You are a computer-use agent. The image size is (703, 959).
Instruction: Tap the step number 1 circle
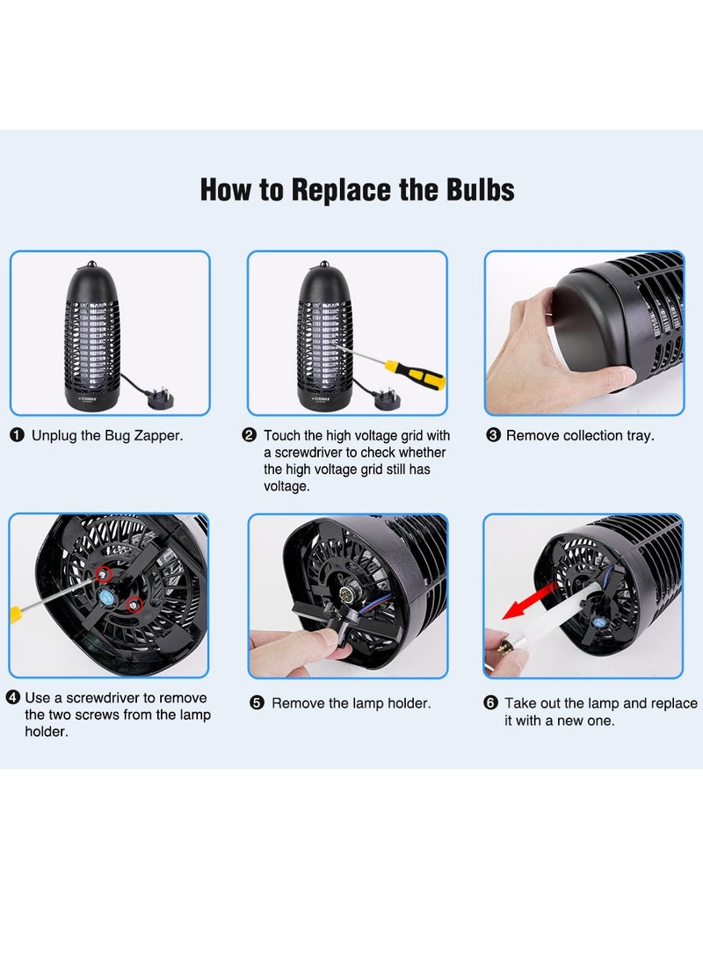tap(17, 435)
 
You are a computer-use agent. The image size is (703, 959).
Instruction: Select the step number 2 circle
tap(249, 435)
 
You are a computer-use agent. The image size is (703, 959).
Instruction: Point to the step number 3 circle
tap(493, 435)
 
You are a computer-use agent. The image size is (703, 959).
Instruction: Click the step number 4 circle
tap(12, 698)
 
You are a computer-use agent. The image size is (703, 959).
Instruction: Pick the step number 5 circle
tap(257, 703)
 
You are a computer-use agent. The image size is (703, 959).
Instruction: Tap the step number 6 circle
tap(490, 703)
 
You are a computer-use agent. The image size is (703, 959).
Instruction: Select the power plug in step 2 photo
tap(387, 400)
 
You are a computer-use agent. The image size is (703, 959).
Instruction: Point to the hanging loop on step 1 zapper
tap(91, 265)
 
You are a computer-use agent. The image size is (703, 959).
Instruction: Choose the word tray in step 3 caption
tap(639, 436)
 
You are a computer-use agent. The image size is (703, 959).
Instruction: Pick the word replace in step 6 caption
tap(674, 704)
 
